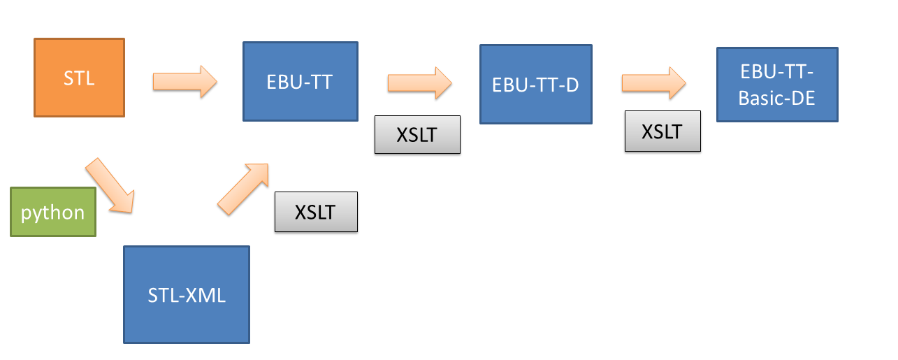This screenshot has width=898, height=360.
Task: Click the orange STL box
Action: [80, 78]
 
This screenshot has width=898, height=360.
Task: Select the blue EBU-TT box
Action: [300, 81]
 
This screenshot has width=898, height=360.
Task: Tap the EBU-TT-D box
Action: [536, 84]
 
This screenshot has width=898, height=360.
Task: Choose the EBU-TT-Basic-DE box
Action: [777, 85]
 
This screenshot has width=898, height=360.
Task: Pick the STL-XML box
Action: [187, 295]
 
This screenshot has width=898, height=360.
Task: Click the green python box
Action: [53, 212]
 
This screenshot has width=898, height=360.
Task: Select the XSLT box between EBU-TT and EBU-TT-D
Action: [417, 135]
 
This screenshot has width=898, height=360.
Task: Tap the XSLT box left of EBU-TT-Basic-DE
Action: [662, 131]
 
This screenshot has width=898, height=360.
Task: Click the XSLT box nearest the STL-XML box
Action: [316, 212]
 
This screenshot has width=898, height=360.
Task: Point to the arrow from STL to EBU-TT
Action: [184, 82]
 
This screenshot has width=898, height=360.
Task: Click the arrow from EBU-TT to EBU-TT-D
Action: [420, 83]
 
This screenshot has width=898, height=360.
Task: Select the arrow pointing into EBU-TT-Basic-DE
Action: [654, 83]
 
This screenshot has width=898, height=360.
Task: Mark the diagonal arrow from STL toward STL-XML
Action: [110, 186]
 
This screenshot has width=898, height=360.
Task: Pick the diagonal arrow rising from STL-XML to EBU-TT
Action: [243, 189]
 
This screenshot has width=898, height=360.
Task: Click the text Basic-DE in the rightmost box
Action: [777, 98]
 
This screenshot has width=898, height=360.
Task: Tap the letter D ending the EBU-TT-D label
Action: [573, 85]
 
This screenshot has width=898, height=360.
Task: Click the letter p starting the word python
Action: [26, 214]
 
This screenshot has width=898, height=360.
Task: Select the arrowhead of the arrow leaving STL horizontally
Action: [208, 82]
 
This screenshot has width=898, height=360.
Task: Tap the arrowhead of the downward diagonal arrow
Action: [123, 203]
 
